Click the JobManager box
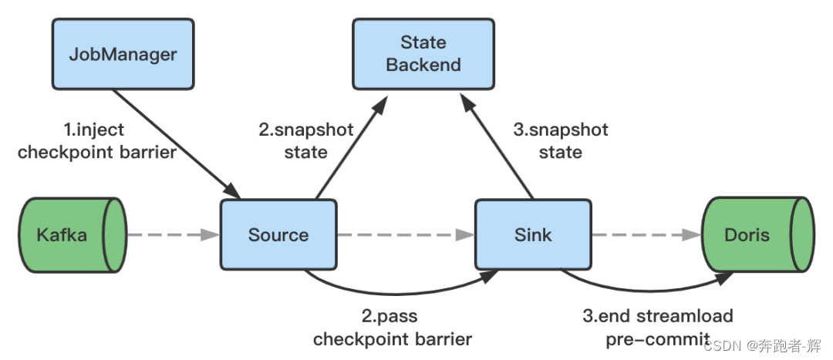[x=123, y=54]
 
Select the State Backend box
[x=423, y=54]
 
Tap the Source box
[x=278, y=234]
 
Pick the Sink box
[x=533, y=234]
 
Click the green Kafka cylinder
[x=73, y=234]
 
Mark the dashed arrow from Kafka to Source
[x=174, y=234]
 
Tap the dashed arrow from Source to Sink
[x=406, y=234]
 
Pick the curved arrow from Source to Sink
[x=401, y=294]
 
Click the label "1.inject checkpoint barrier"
[x=96, y=141]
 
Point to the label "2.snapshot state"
[x=306, y=141]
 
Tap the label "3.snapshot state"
[x=561, y=141]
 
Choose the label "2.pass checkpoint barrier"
[x=392, y=327]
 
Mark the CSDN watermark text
[x=762, y=346]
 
